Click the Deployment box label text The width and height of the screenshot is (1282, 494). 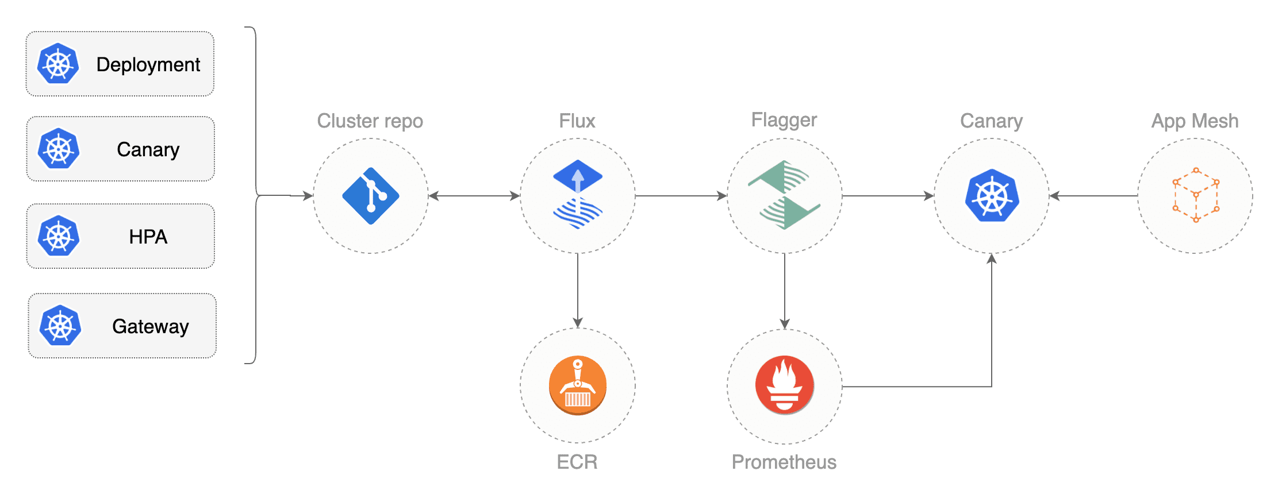point(148,65)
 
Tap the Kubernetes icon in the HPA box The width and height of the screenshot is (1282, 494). point(59,236)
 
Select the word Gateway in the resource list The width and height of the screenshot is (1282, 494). point(151,326)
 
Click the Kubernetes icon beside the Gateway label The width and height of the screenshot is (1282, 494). point(60,326)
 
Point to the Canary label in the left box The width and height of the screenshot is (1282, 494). point(148,150)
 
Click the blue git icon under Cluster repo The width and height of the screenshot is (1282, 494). point(371,196)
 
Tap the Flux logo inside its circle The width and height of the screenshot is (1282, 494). point(578,194)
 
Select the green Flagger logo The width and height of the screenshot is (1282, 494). point(784,195)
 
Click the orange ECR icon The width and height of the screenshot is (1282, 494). point(578,385)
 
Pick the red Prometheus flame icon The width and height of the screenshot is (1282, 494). point(785,385)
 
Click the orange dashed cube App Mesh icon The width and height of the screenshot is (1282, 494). point(1196,195)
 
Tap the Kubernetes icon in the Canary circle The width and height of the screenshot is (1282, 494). point(992,195)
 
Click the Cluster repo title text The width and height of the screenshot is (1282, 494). point(370,121)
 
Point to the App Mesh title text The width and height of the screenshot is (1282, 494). point(1195,121)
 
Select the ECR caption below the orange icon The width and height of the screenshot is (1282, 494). point(577,462)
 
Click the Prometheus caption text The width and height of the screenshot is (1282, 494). point(784,462)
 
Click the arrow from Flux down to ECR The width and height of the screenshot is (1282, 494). point(578,291)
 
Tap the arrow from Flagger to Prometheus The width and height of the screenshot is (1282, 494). point(785,291)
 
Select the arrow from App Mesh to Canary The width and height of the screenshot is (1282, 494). point(1093,196)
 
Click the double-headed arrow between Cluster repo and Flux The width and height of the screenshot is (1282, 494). point(474,196)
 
